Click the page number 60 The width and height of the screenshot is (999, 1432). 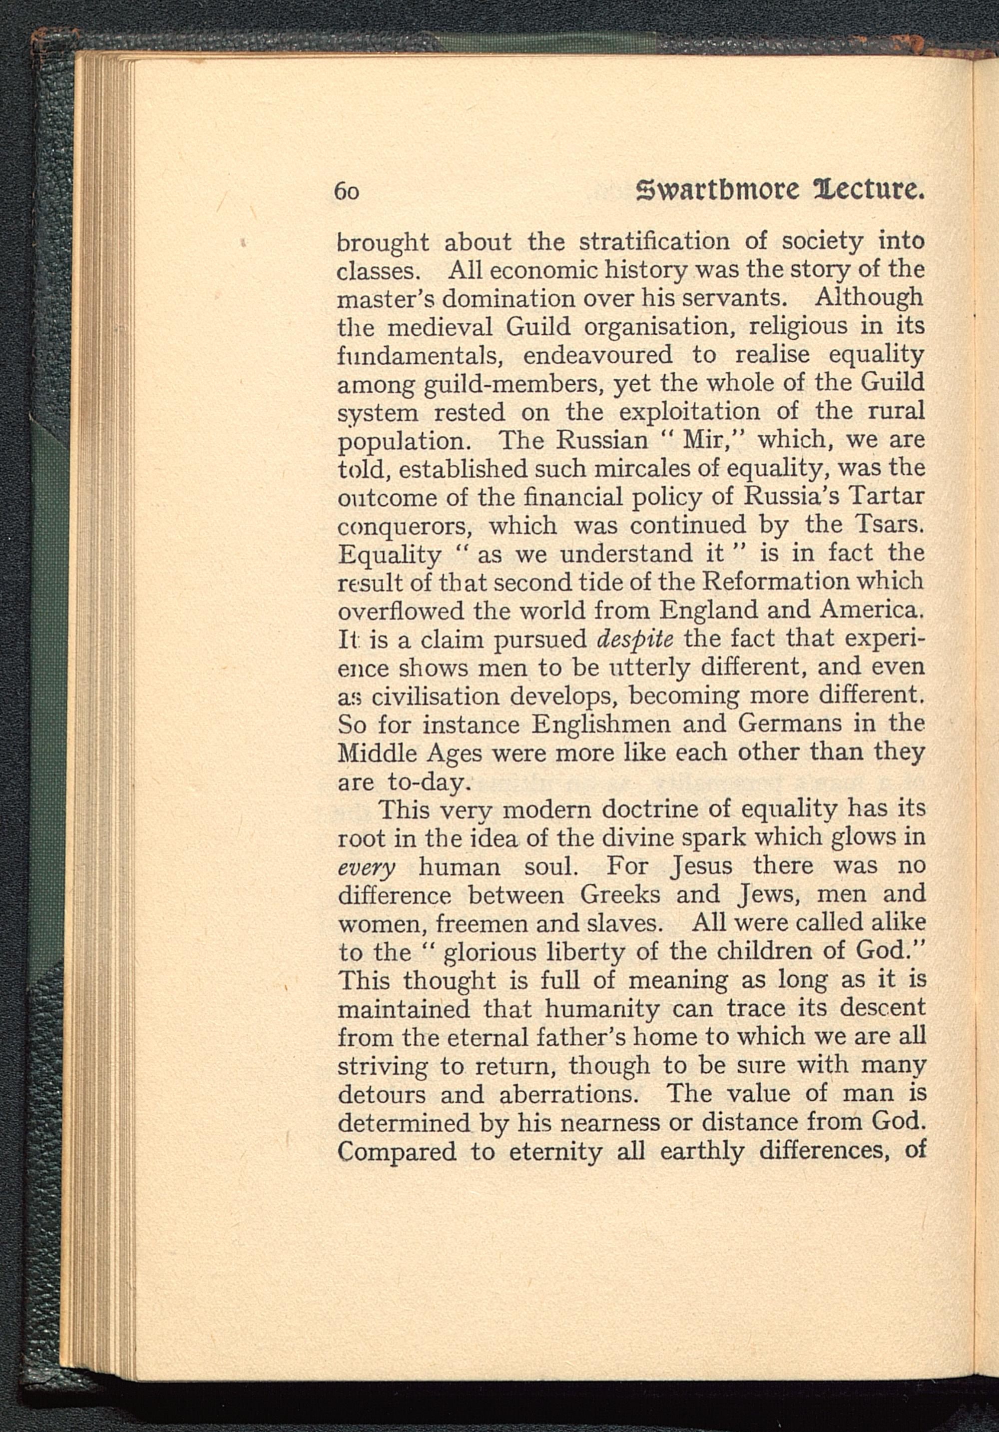point(347,191)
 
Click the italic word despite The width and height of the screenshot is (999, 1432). point(637,639)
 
